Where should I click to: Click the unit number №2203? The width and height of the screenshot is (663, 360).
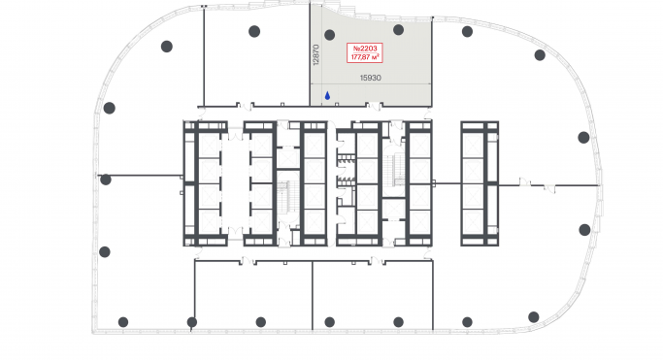coord(365,49)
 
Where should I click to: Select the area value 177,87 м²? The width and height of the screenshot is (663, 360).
coord(365,56)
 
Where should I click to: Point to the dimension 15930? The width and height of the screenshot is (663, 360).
coord(371,78)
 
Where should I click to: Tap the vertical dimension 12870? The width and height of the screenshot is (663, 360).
coord(315,55)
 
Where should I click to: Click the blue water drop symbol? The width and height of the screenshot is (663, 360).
coord(327,96)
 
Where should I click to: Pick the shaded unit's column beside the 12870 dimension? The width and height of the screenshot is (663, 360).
coord(329,35)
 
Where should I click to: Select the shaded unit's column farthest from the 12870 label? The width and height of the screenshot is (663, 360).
coord(398,30)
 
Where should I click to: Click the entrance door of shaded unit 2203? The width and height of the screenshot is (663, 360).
coord(374,106)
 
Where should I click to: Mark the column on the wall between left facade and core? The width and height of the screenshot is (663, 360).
coord(106,180)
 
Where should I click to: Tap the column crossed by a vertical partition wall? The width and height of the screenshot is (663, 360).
coord(192,322)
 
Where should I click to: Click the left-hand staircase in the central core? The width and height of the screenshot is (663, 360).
coord(282,196)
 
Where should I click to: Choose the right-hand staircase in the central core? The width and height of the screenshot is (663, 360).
coord(395,170)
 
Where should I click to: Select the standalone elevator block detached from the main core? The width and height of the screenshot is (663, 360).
coord(480,183)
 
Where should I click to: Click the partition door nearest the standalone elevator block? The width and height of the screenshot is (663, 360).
coord(525,182)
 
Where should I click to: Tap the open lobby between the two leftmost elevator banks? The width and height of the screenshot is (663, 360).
coord(235,183)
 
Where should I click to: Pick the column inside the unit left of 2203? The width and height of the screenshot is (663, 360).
coord(254,31)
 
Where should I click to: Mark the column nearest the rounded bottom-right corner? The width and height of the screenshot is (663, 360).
coord(534,317)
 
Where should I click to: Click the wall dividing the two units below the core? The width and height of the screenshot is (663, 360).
coord(313,295)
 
